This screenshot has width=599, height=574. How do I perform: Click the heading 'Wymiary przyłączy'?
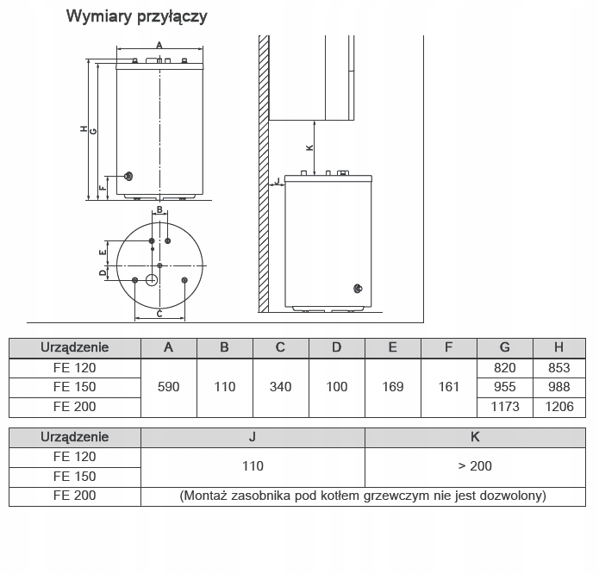coord(136,17)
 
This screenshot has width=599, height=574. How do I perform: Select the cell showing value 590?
coord(168,387)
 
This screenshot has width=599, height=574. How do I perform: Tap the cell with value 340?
coord(280,387)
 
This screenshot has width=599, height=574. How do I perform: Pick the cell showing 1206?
coord(558,407)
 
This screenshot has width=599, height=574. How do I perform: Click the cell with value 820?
coord(504,368)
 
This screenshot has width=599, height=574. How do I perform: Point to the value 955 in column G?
coord(504,387)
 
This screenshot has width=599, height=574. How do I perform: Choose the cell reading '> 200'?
coord(475,466)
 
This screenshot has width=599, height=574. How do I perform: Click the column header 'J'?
coord(253,437)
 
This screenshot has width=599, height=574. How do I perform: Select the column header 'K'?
coord(475,437)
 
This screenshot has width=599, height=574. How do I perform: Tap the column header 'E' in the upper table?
coord(392,347)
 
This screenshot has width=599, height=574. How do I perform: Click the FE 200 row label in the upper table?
coord(74,407)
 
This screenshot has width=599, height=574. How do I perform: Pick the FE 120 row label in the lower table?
coord(74,457)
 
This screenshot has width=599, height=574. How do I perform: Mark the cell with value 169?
coord(392,387)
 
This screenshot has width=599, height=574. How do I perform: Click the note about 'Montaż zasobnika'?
coord(363,496)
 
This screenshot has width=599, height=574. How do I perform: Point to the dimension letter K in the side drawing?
coord(310,147)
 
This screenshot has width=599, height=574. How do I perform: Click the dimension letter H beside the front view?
coord(84,130)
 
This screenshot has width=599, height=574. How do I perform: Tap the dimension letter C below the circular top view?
coord(159,314)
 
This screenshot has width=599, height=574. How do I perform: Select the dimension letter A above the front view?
coord(159,45)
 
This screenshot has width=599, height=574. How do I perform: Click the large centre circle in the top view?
coord(152,280)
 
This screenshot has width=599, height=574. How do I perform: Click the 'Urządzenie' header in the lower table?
coord(74,437)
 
